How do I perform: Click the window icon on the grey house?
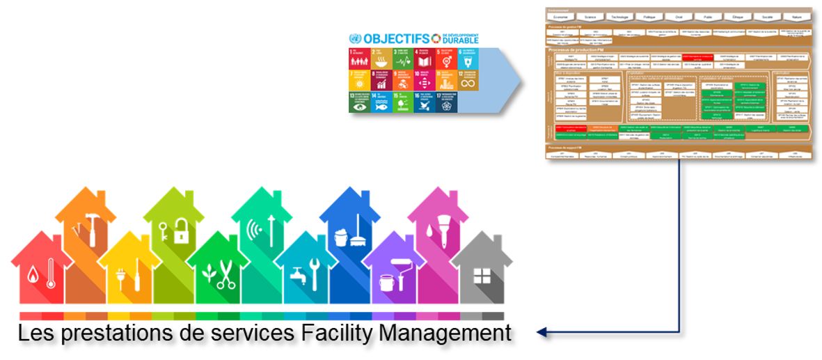tap(482, 276)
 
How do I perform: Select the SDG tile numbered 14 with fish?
tap(378, 102)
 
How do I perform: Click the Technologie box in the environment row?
tap(619, 17)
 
